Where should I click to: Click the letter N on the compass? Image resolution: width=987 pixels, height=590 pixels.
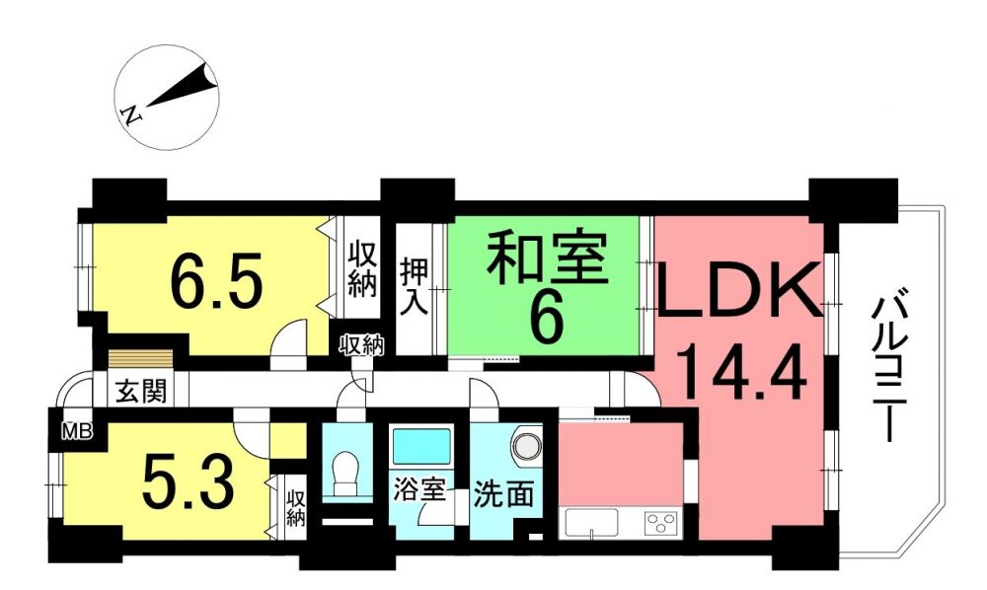coord(132,114)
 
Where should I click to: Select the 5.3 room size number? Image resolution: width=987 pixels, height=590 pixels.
coord(189,483)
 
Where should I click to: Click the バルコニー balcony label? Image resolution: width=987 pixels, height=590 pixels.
coord(888,369)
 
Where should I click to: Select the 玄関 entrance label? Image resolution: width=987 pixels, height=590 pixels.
coord(141,392)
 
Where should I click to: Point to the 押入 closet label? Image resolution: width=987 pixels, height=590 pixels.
coord(415,286)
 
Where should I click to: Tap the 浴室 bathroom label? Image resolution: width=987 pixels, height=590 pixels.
coord(419,490)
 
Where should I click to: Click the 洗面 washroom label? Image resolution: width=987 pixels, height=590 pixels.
coord(503,494)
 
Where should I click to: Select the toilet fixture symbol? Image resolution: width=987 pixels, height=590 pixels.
coord(342,474)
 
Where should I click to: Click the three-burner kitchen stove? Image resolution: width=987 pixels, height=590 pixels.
coord(659,522)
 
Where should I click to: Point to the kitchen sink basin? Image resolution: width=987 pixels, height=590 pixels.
coord(591,522)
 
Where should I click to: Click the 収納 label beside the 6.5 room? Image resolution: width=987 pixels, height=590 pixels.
coord(364,268)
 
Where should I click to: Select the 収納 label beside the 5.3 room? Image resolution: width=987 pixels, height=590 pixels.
coord(296,508)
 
